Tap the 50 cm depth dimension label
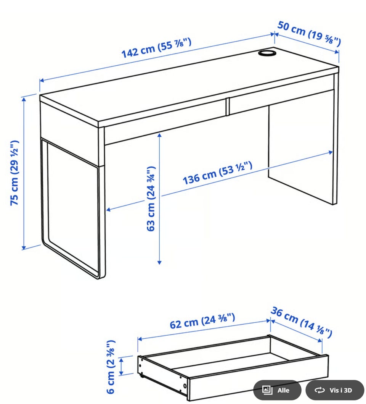pos(309,34)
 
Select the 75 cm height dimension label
pos(14,173)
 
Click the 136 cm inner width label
pos(218,173)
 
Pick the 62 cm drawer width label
pos(202,320)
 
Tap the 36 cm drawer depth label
pos(302,322)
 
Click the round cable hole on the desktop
pos(267,53)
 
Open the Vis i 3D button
pos(335,390)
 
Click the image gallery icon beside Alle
pos(267,390)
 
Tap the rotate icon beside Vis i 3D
pos(320,390)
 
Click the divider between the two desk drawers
pos(228,107)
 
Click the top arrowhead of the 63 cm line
pos(159,135)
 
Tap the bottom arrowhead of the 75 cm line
pos(24,248)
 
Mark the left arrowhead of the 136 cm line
pos(108,210)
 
